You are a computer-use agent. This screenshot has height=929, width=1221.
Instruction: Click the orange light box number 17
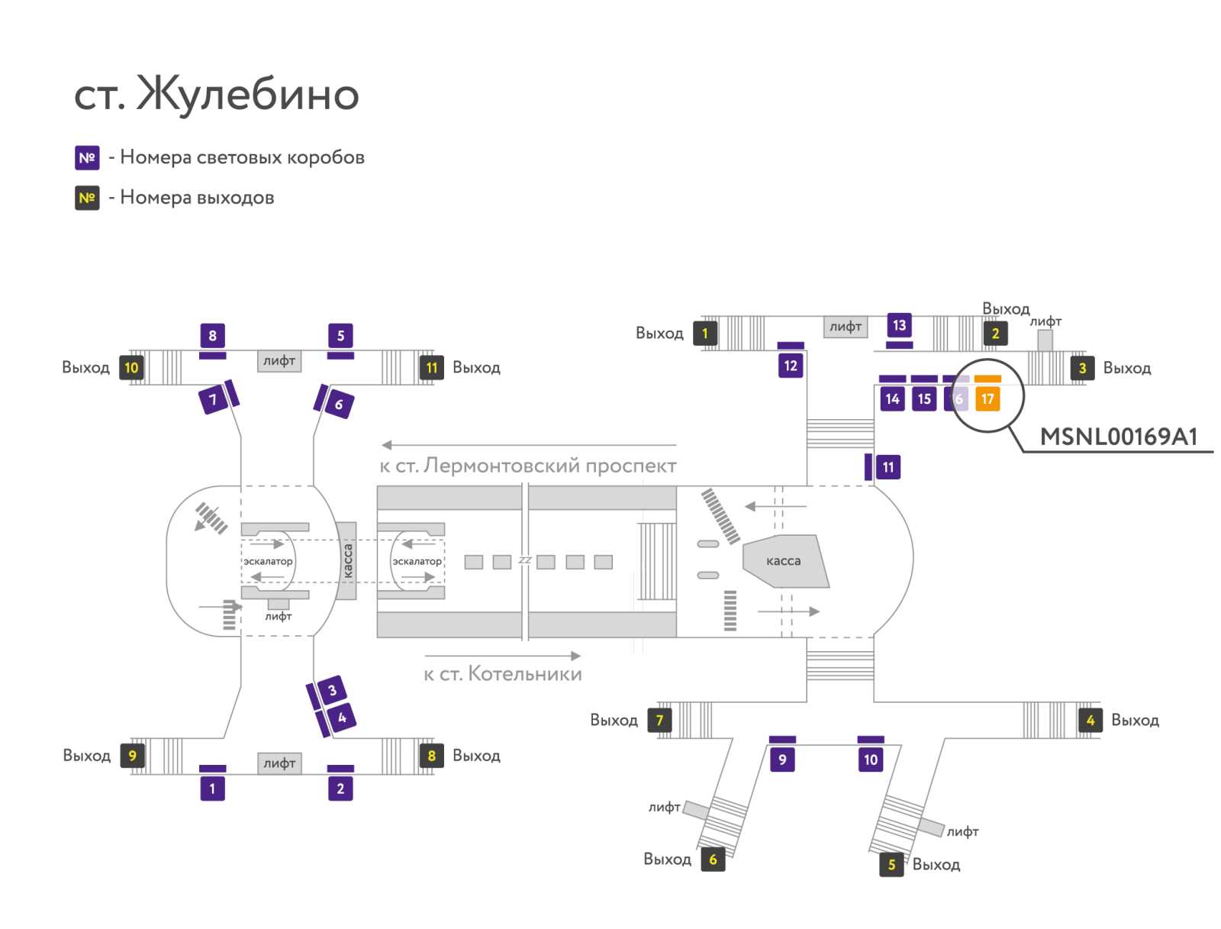(987, 398)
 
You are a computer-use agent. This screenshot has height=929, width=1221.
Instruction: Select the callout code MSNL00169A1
(1118, 437)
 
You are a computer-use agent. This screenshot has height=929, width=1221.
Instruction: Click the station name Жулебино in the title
(247, 93)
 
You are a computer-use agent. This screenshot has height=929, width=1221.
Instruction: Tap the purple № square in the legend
(87, 157)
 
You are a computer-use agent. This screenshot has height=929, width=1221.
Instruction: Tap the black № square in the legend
(87, 198)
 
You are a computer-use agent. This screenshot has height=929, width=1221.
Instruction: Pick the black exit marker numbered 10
(132, 368)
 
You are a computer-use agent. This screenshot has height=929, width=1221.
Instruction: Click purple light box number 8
(212, 335)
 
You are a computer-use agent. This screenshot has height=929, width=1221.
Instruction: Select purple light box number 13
(899, 325)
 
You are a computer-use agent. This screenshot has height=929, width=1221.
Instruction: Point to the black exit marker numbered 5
(891, 864)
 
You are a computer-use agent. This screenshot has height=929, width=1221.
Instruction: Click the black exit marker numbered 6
(713, 859)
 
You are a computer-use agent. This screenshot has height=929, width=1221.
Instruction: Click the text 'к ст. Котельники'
(503, 674)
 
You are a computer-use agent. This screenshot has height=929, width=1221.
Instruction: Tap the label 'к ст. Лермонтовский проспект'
(528, 465)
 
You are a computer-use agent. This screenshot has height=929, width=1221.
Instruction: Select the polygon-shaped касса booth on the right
(785, 561)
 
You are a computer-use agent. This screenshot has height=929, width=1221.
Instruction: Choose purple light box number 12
(791, 366)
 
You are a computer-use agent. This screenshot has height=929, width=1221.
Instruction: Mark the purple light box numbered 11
(888, 466)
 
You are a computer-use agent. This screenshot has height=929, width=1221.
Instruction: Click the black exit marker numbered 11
(432, 368)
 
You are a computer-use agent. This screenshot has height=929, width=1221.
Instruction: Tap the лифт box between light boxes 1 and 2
(279, 763)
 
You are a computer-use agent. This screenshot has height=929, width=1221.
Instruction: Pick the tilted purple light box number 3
(332, 690)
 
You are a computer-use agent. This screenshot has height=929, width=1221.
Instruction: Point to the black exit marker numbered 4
(1091, 720)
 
